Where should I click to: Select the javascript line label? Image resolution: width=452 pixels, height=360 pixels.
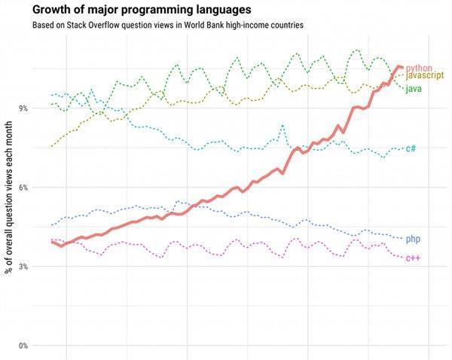coord(425,75)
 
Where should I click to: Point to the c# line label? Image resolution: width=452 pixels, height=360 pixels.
coord(411,148)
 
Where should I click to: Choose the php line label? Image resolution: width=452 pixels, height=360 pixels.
coord(413,239)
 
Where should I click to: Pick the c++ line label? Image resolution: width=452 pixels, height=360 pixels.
coord(413,258)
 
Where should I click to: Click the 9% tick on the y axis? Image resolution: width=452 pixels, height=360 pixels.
coord(23,108)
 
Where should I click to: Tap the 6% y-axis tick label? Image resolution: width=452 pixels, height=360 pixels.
coord(23,188)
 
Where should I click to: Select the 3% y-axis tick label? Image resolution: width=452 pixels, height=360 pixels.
coord(23,267)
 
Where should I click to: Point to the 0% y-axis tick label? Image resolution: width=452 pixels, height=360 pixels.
coord(23,346)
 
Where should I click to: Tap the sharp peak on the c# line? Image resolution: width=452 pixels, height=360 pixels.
coord(282,125)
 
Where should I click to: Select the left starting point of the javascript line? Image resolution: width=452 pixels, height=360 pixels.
coord(51,146)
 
